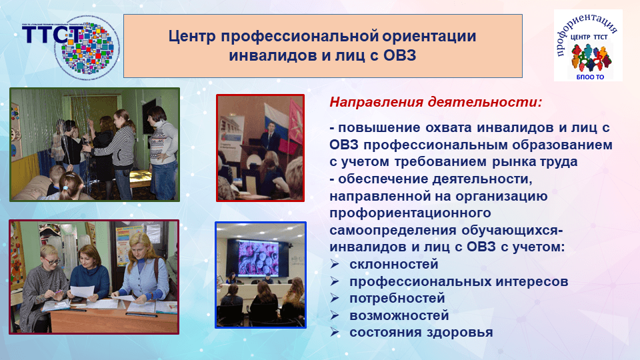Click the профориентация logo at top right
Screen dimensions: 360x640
[588, 45]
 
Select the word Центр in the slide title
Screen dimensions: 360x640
[191, 36]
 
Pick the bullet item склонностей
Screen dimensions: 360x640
[385, 265]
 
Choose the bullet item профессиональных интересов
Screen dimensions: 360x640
[459, 281]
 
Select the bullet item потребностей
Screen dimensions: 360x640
[397, 298]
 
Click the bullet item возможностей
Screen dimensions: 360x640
[399, 315]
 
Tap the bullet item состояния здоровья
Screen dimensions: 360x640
[421, 331]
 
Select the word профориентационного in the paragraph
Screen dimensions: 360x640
[410, 213]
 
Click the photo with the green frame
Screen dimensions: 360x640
[94, 144]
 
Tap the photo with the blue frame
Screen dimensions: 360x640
[260, 275]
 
